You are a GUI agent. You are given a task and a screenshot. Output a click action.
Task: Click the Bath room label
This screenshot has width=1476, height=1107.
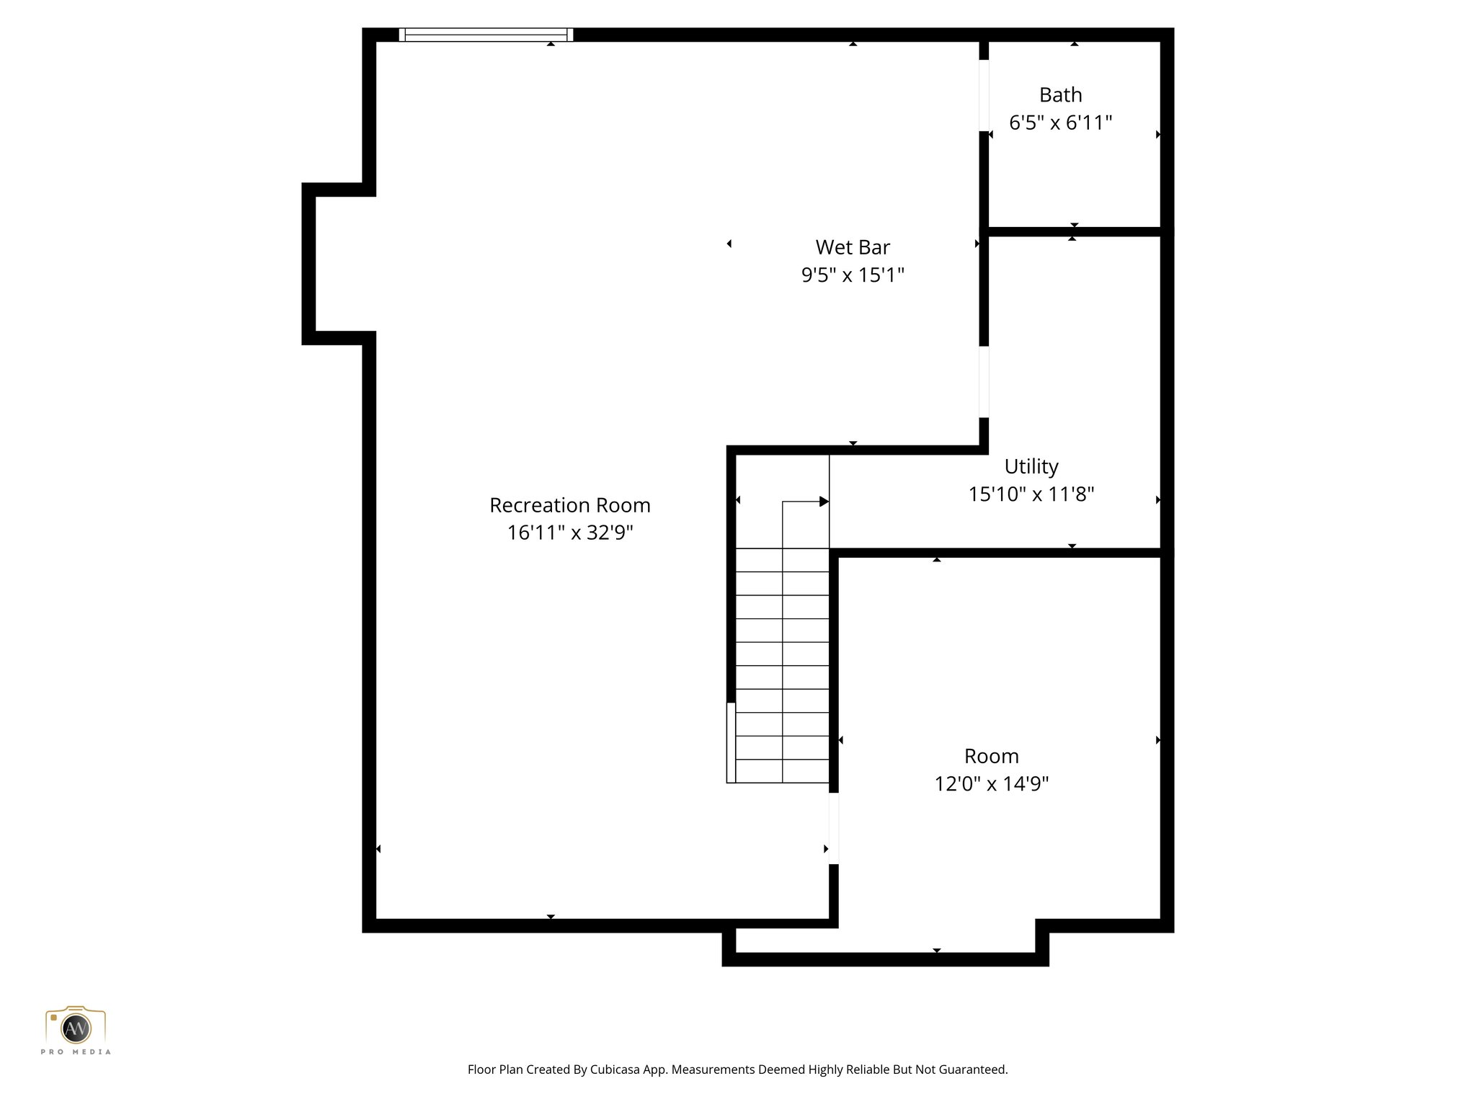click(x=1060, y=95)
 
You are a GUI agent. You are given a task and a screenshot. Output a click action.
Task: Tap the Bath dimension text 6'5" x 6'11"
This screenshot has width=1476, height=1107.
click(x=1060, y=123)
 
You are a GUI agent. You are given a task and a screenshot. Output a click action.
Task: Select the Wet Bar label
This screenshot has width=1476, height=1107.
click(x=853, y=247)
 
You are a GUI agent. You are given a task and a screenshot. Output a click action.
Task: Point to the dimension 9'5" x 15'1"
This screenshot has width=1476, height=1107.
click(x=853, y=275)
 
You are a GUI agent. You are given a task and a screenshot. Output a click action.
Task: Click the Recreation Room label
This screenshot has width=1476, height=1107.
click(x=569, y=505)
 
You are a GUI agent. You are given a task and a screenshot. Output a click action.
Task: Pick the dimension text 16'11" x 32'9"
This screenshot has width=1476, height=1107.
click(x=569, y=533)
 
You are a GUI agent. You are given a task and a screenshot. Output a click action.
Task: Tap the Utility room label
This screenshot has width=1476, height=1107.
click(x=1031, y=466)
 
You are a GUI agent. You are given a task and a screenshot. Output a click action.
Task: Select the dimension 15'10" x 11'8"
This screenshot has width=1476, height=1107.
click(x=1031, y=494)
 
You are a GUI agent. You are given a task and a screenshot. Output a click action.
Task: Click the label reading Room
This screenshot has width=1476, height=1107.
click(x=991, y=756)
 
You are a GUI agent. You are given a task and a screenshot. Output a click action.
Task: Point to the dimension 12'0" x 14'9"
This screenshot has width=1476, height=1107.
click(x=991, y=784)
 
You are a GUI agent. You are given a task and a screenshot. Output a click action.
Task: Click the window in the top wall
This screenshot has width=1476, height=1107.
click(x=486, y=35)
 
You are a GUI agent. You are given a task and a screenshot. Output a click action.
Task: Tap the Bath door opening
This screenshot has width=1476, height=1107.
click(x=984, y=95)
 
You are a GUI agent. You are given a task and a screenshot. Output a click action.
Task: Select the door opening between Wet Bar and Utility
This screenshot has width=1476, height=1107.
click(x=984, y=382)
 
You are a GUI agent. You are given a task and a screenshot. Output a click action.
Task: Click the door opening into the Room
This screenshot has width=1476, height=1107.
click(x=834, y=828)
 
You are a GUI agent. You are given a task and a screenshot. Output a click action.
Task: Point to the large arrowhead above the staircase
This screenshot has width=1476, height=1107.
click(x=824, y=502)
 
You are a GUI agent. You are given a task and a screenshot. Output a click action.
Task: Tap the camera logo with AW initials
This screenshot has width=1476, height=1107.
click(x=76, y=1027)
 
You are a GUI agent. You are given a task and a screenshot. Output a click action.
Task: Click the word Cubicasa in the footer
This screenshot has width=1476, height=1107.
click(x=615, y=1070)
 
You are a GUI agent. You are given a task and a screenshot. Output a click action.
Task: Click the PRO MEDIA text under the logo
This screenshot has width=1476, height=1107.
click(x=76, y=1052)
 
